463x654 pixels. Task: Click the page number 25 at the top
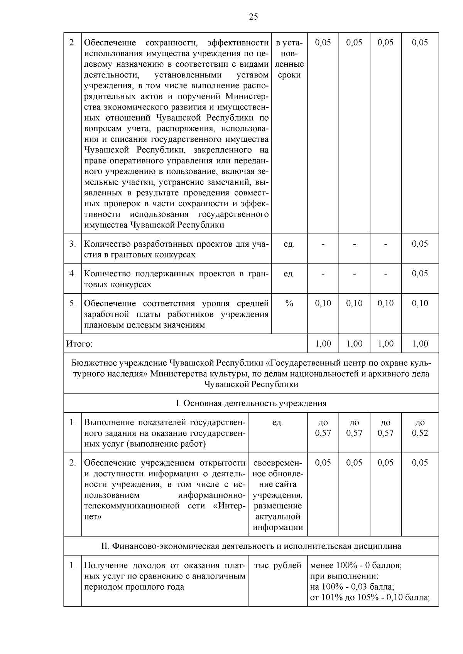pos(253,17)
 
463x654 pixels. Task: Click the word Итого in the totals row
pos(79,344)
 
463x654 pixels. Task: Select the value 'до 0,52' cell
pos(420,428)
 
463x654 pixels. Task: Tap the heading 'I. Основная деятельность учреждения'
pos(251,403)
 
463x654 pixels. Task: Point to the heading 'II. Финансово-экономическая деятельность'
pos(251,546)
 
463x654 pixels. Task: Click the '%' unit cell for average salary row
pos(289,303)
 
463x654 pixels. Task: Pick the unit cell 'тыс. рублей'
pos(278,565)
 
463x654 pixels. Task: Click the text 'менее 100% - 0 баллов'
pos(356,565)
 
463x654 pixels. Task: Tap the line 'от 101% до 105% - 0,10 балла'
pos(370,598)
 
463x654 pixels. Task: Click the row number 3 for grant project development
pos(73,244)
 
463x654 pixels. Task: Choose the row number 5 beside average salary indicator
pos(73,303)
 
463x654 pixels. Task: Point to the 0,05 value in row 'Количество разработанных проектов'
pos(420,244)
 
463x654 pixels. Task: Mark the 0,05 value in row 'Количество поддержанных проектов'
pos(420,274)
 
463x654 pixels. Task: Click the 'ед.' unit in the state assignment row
pos(277,423)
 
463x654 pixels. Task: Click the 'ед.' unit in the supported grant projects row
pos(289,274)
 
